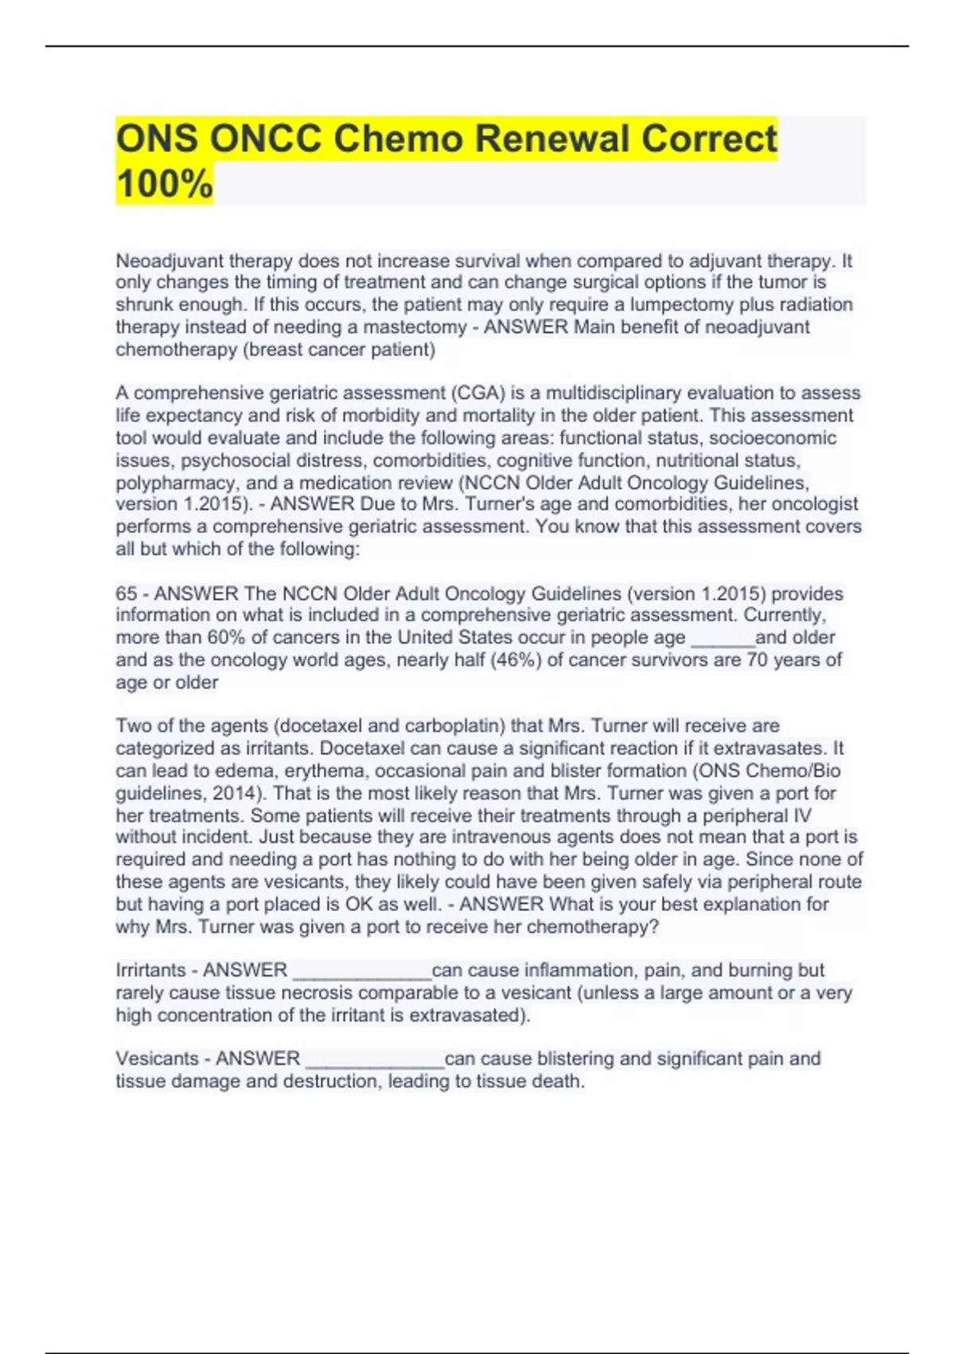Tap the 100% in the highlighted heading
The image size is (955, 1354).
[x=165, y=183]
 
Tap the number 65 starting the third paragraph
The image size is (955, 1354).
[x=126, y=594]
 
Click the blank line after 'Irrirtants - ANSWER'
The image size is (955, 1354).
[x=362, y=972]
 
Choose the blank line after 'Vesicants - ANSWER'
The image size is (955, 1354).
[x=375, y=1061]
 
